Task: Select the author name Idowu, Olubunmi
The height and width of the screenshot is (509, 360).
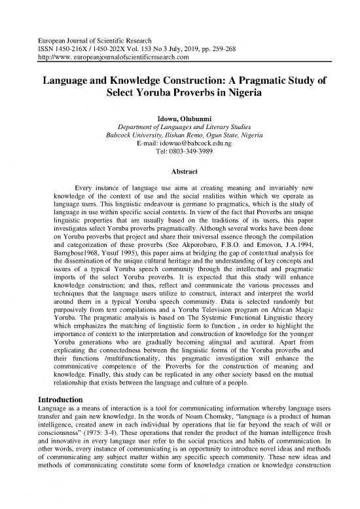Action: pos(179,117)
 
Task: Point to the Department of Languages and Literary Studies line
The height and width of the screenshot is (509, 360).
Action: pos(179,126)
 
